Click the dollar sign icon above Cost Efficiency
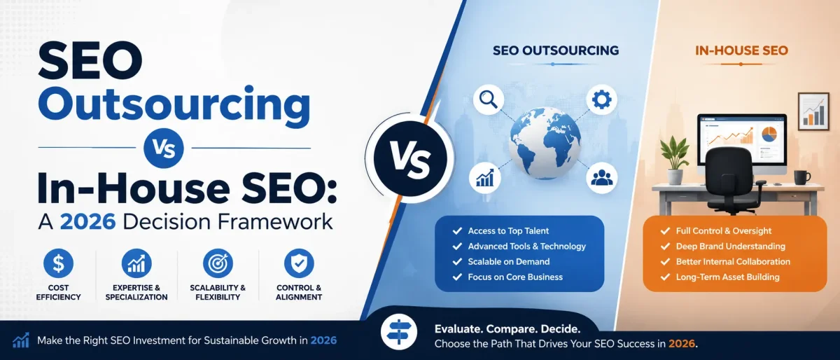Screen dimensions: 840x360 coord(58,263)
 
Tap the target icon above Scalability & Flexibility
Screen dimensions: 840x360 coord(218,263)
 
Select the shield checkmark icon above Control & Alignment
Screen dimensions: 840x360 coord(299,263)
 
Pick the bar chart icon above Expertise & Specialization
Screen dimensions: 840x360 coord(136,263)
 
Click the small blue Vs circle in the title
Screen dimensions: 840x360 coord(164,148)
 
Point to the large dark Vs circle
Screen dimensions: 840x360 coord(410,158)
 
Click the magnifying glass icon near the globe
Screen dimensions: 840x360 coord(489,99)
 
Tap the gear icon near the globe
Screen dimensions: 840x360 coord(601,99)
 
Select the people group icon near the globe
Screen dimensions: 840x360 coord(601,178)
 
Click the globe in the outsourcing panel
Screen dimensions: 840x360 coord(545,143)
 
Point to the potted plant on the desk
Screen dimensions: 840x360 coord(675,160)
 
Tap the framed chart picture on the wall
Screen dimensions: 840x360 coord(813,111)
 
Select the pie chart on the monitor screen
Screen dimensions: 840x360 coord(769,134)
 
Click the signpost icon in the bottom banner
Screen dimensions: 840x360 coord(398,332)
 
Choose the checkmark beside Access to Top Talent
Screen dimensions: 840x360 coord(457,231)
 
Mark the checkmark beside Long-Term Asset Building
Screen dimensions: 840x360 coord(665,277)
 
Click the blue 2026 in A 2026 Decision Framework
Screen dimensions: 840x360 coord(87,222)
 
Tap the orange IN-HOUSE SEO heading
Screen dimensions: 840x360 coord(741,50)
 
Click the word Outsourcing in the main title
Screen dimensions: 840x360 coord(174,104)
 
